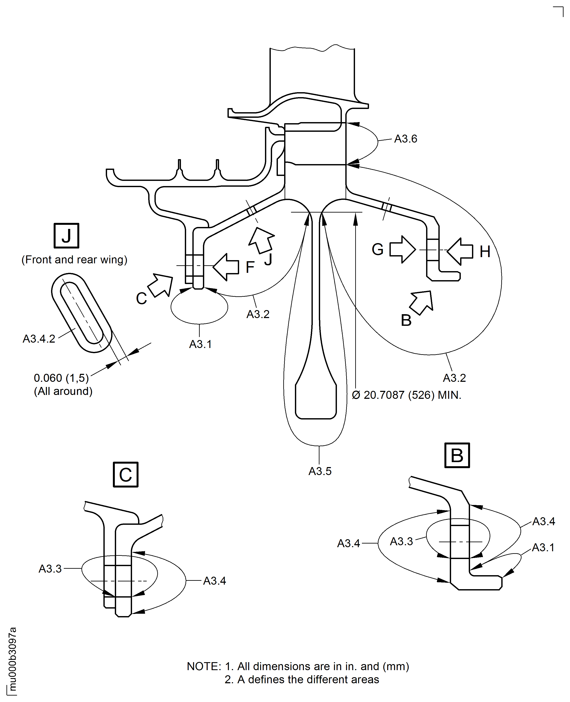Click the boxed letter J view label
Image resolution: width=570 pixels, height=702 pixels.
click(66, 236)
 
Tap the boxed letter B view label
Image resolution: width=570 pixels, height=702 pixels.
click(457, 455)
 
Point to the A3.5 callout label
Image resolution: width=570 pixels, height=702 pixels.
click(320, 471)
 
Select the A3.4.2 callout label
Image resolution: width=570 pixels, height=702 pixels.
click(39, 339)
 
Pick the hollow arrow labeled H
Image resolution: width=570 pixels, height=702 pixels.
click(460, 251)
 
